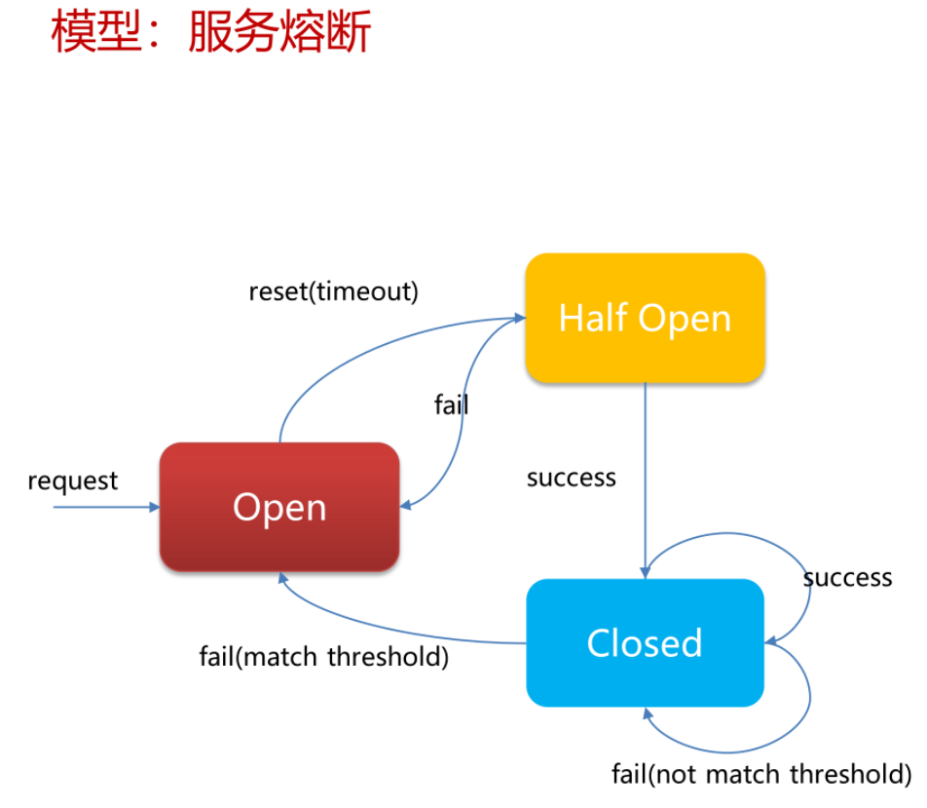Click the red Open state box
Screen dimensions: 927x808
pos(279,507)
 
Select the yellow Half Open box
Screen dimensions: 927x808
pos(645,318)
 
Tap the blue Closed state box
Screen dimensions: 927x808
pos(645,643)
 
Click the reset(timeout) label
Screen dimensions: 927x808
pos(333,291)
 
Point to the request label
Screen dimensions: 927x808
pos(73,481)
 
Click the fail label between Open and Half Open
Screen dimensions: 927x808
pos(451,404)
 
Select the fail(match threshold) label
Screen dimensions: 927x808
pos(324,657)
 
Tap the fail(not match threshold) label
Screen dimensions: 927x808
pos(761,774)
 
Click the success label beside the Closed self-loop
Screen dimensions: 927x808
pos(848,578)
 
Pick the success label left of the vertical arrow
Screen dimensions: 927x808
pos(571,478)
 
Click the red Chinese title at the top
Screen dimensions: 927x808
pos(211,31)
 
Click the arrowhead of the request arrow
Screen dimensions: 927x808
pos(154,507)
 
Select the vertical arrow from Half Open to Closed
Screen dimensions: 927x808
pos(645,481)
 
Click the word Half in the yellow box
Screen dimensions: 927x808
pos(593,318)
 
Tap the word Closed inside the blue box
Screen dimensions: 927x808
pos(645,643)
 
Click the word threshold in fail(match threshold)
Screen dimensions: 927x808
pos(388,657)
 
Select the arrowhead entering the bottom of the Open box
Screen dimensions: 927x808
pos(283,578)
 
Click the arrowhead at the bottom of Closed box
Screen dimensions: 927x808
pos(648,713)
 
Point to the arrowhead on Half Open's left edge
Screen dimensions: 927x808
pos(520,318)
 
